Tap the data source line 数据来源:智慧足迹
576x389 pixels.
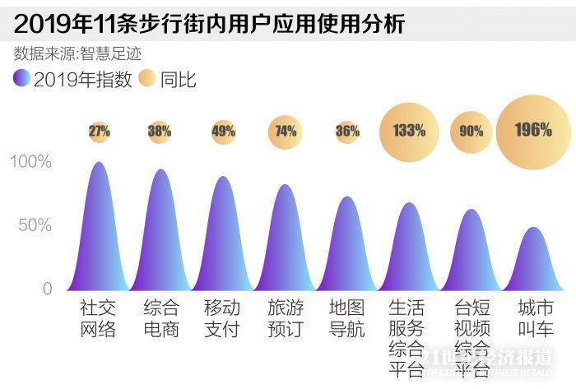(x=78, y=53)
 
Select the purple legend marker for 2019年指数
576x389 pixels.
(x=21, y=80)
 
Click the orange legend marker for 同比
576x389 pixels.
(x=147, y=80)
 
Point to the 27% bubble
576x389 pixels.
(x=100, y=131)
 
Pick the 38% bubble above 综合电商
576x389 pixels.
(x=160, y=131)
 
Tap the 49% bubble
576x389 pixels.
(x=223, y=131)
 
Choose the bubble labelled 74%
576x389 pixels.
(x=286, y=131)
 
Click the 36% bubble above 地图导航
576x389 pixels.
(x=347, y=131)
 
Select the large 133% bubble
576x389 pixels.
(x=409, y=131)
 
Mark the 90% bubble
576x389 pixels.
(x=471, y=131)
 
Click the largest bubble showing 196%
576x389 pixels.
(x=533, y=131)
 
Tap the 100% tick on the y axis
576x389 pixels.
(x=31, y=162)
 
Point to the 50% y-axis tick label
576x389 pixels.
(x=35, y=225)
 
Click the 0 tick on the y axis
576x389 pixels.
(x=47, y=289)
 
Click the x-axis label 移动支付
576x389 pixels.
(x=223, y=319)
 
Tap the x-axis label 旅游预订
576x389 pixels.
(x=286, y=319)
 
